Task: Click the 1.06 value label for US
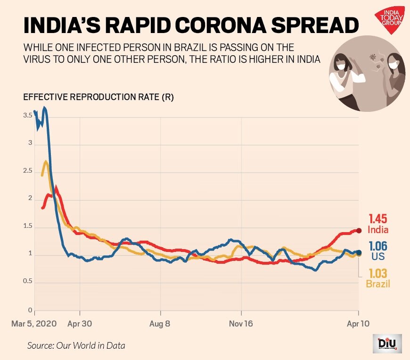pyautogui.click(x=378, y=246)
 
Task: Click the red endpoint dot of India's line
pyautogui.click(x=359, y=230)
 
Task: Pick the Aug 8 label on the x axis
pyautogui.click(x=161, y=324)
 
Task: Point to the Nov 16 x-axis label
pyautogui.click(x=241, y=324)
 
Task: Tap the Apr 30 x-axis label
pyautogui.click(x=80, y=324)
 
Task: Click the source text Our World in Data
pyautogui.click(x=76, y=345)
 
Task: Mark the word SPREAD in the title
pyautogui.click(x=311, y=26)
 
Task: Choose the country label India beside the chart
pyautogui.click(x=378, y=230)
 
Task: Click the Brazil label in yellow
pyautogui.click(x=378, y=284)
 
